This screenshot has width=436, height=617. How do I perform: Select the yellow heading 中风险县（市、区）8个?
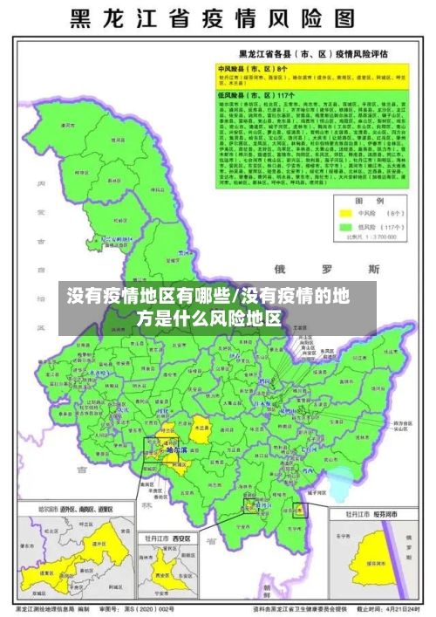[x=252, y=67]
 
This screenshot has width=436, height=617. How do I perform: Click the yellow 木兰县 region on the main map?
[x=201, y=428]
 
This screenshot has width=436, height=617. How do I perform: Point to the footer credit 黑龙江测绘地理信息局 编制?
[x=52, y=608]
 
